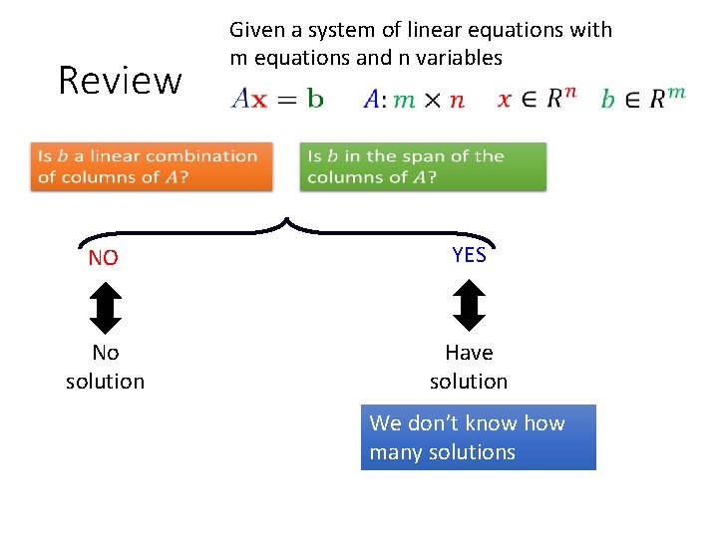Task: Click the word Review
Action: pos(120,80)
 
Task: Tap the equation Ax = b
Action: pos(277,99)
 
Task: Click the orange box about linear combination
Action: pos(151,166)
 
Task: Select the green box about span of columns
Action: pos(423,166)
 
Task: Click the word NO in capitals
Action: pos(103,259)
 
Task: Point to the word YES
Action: pos(469,255)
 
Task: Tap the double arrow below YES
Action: pos(469,306)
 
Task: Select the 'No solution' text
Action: pos(105,367)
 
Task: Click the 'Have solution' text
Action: pos(469,367)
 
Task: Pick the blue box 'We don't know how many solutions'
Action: pos(478,437)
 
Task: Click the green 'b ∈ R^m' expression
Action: pos(643,98)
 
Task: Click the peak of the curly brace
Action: pos(287,219)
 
